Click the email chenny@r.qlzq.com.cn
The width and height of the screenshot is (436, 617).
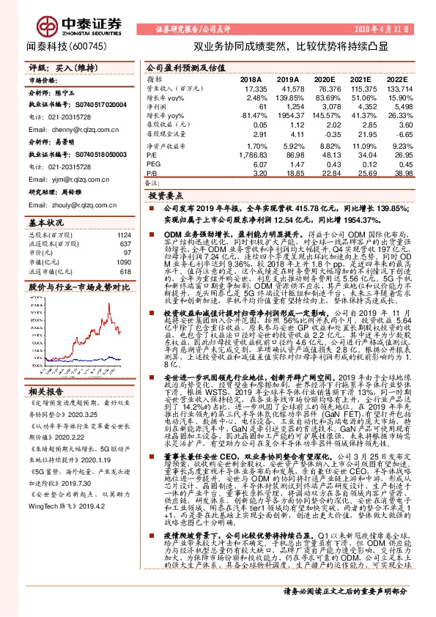click(x=75, y=128)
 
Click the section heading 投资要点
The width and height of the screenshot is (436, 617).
click(x=165, y=197)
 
